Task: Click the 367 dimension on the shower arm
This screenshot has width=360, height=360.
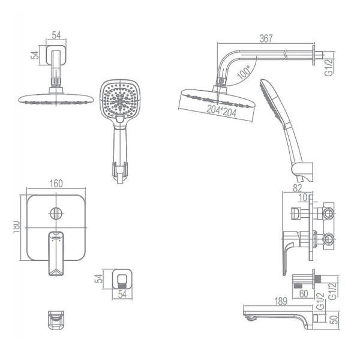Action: pos(266,38)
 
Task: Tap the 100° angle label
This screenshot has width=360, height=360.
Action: pos(244,71)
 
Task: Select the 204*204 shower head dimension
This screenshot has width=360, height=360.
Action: pos(221,111)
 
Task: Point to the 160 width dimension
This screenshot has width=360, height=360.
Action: pos(56,184)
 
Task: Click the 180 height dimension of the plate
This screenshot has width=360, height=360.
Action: pos(17,227)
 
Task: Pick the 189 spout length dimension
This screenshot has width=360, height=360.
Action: pos(281,301)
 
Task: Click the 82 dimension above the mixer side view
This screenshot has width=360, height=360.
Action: pos(298,188)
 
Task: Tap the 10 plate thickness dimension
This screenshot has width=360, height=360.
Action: pos(303,197)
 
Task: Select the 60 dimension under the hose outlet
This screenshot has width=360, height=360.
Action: pos(304,293)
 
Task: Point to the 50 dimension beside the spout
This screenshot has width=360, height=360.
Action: pos(335,319)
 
